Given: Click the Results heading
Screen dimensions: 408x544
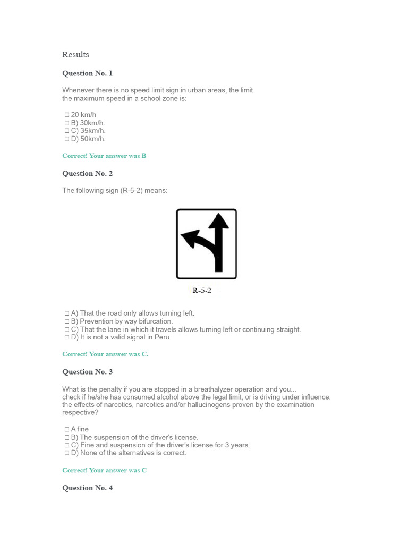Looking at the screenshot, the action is point(75,55).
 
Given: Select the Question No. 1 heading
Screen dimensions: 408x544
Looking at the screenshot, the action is point(88,73).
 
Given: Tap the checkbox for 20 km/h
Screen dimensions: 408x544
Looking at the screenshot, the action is point(66,115).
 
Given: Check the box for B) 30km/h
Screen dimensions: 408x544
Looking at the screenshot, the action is point(66,123).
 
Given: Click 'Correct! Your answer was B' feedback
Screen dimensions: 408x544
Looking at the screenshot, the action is point(104,156).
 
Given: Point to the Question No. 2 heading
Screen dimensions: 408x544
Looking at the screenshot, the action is point(88,174).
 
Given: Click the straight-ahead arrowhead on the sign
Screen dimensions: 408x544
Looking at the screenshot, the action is point(218,221).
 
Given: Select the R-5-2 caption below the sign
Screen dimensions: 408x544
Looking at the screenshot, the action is point(202,291).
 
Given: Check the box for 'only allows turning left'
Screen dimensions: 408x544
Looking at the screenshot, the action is point(66,313).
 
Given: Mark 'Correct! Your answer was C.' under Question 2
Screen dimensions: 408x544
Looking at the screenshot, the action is point(105,354).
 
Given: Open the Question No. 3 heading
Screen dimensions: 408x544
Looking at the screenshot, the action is point(88,372).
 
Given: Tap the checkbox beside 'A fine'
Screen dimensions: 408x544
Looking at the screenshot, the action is point(66,429).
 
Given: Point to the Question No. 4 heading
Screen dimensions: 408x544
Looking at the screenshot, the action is point(88,488).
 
